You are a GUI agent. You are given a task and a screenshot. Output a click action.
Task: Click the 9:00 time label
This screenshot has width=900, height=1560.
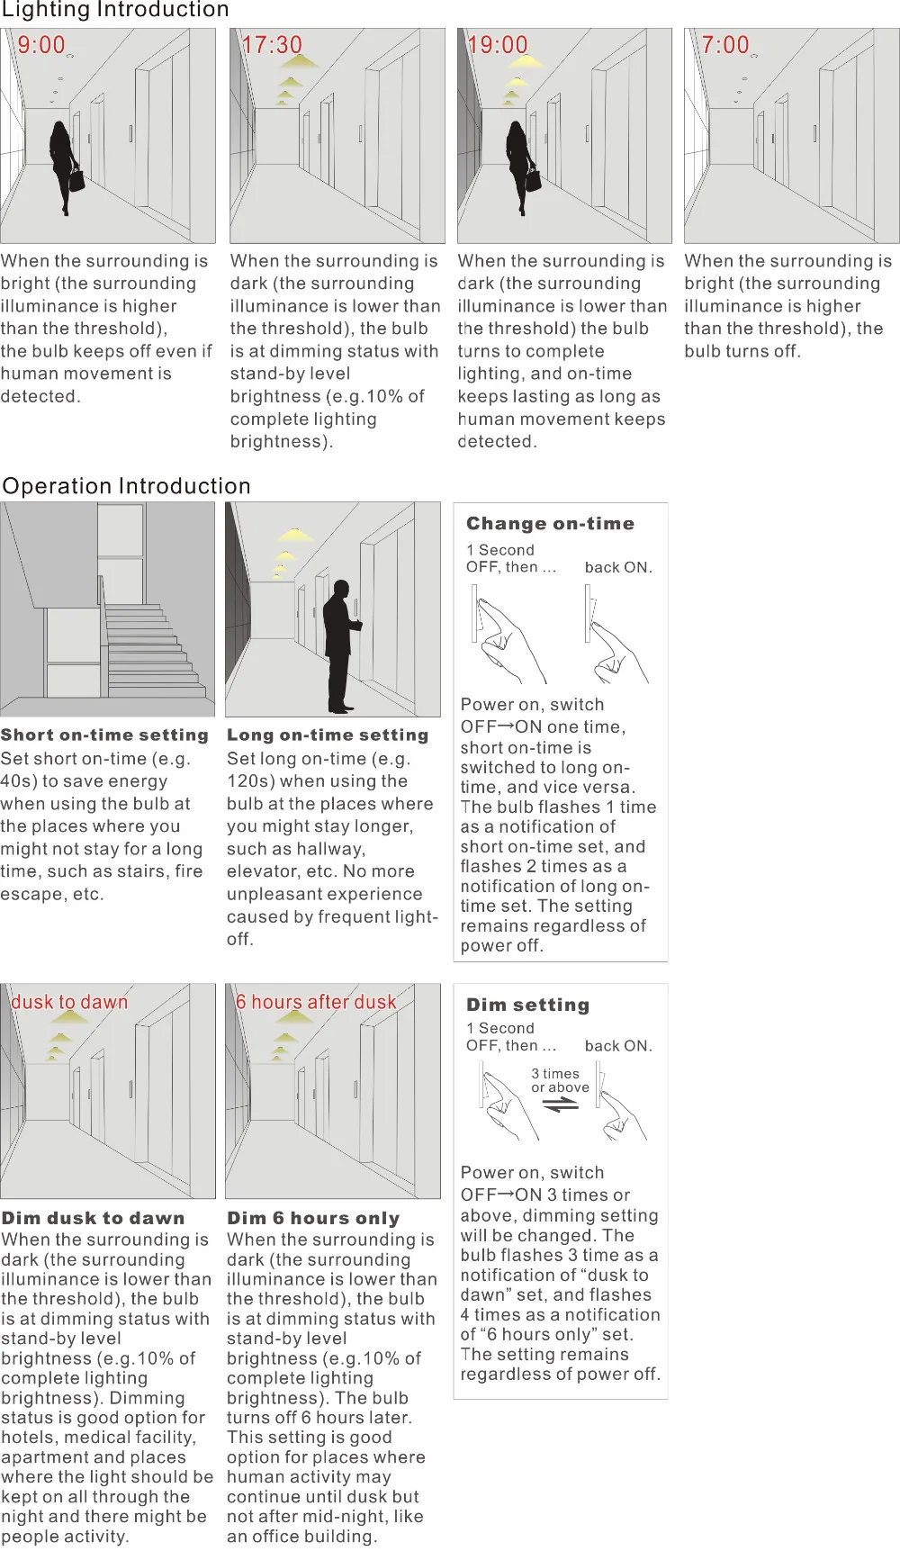[41, 45]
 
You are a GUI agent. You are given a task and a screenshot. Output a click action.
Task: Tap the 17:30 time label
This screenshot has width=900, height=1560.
[272, 45]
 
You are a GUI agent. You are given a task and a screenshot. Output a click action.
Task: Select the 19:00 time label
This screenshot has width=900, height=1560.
[498, 45]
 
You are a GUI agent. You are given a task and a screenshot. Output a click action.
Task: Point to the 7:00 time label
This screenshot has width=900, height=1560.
[725, 45]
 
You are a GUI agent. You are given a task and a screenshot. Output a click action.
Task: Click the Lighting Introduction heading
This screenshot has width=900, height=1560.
[115, 10]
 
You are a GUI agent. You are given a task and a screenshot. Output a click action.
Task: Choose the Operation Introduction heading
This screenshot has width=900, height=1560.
[127, 486]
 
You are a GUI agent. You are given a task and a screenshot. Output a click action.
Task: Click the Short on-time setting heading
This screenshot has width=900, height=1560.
[104, 735]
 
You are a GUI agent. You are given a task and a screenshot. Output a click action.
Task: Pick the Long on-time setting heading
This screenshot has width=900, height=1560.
[328, 735]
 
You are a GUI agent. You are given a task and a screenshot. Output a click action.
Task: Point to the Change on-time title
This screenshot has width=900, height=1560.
[550, 524]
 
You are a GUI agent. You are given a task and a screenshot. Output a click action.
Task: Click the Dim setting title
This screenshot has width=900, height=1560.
[527, 1005]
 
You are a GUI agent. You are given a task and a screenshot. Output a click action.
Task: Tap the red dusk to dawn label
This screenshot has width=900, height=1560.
[69, 1002]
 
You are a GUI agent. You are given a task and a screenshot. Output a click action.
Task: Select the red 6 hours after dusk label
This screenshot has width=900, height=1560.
[316, 1002]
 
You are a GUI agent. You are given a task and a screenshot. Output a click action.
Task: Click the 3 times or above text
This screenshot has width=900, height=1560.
[560, 1080]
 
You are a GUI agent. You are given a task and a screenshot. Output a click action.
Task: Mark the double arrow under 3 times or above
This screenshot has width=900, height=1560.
[561, 1105]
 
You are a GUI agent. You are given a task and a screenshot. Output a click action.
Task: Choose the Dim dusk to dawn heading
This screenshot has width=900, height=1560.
[93, 1218]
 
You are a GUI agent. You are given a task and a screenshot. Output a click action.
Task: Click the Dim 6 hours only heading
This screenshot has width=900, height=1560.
[313, 1218]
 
